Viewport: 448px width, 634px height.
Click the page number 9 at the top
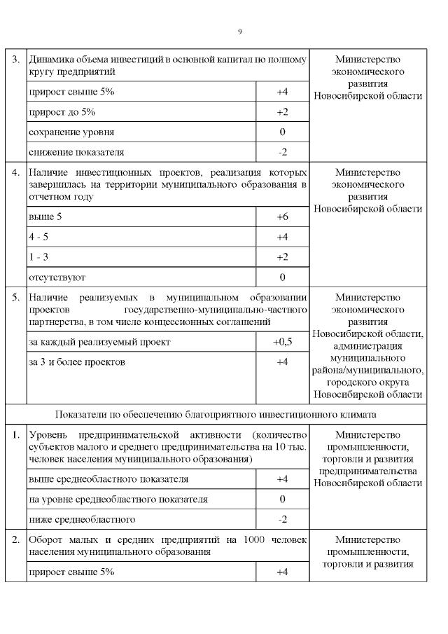pyautogui.click(x=239, y=32)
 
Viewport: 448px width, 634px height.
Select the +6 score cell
pyautogui.click(x=282, y=217)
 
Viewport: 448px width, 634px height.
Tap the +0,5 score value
pyautogui.click(x=282, y=342)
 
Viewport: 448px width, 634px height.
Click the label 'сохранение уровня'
pyautogui.click(x=71, y=132)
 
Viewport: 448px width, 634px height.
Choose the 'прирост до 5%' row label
pyautogui.click(x=62, y=112)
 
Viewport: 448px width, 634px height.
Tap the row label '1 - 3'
pyautogui.click(x=38, y=257)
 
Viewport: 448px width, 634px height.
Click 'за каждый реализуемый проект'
pyautogui.click(x=99, y=342)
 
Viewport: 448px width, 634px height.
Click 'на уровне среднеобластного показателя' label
pyautogui.click(x=118, y=499)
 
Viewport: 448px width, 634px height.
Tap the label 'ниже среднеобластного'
pyautogui.click(x=82, y=519)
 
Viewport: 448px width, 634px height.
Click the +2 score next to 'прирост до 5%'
pyautogui.click(x=282, y=112)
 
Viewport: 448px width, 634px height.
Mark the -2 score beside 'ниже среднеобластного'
pyautogui.click(x=282, y=519)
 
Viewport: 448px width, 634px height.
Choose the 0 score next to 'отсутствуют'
pyautogui.click(x=282, y=277)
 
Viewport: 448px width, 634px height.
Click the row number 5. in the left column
pyautogui.click(x=15, y=297)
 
